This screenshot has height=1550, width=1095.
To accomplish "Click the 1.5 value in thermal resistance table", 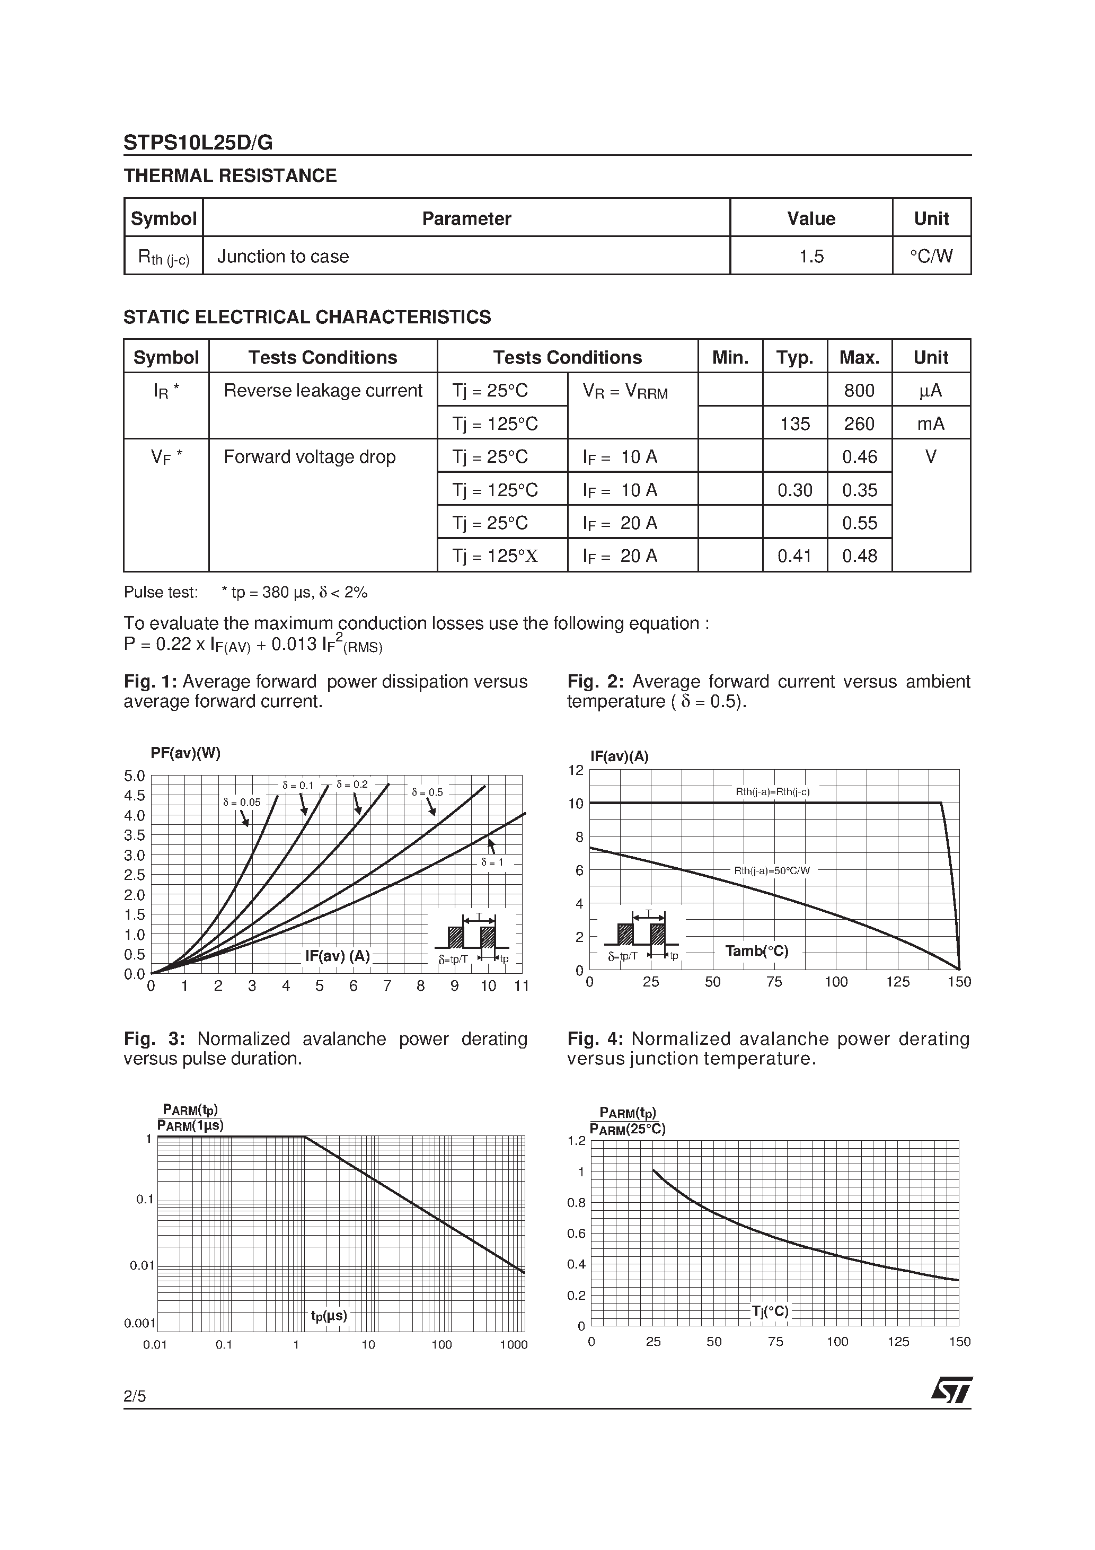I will click(x=811, y=257).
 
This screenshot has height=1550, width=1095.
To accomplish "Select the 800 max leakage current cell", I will click(x=859, y=390).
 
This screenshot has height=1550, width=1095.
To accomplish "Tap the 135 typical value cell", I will click(x=794, y=424).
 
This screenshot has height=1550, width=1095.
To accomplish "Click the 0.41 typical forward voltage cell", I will click(x=794, y=556).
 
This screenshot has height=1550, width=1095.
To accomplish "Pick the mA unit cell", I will click(x=930, y=424).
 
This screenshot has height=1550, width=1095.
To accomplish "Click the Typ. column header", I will click(x=794, y=357).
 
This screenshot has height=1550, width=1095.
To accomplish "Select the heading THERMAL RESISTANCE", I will click(x=229, y=175).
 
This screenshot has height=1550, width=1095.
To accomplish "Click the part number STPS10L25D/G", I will click(x=198, y=143).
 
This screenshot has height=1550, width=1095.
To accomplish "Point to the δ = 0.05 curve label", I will click(x=241, y=803).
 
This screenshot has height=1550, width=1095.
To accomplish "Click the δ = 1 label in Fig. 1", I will click(x=492, y=862).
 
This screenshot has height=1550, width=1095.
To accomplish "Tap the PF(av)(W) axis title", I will click(x=186, y=753).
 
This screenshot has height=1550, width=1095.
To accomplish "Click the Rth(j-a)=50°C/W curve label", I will click(x=772, y=871).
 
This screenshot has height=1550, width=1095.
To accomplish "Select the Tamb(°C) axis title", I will click(x=756, y=951).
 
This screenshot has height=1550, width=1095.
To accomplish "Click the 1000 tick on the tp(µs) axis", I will click(x=513, y=1345).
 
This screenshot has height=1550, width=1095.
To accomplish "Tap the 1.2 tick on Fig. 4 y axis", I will click(x=577, y=1141).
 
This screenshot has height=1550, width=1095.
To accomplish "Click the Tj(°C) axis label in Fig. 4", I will click(x=770, y=1311).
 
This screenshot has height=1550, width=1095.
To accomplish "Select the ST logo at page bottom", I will click(x=951, y=1390).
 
